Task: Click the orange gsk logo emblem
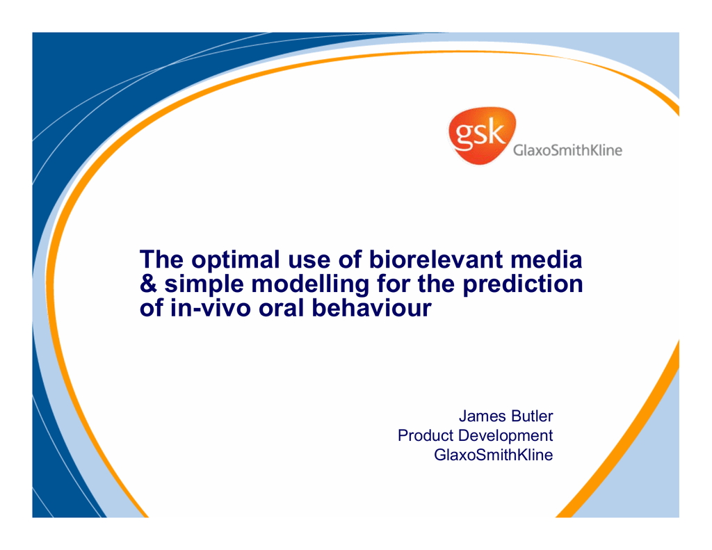[x=482, y=136]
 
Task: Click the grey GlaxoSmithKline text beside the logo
[x=567, y=150]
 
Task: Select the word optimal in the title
[x=236, y=261]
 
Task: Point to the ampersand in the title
[x=148, y=284]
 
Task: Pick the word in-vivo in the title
[x=211, y=309]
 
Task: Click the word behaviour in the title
[x=371, y=308]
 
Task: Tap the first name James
[x=483, y=416]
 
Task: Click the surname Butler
[x=532, y=416]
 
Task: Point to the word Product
[x=426, y=435]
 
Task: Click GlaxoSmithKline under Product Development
[x=494, y=455]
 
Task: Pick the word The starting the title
[x=161, y=259]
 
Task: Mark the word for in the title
[x=394, y=284]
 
